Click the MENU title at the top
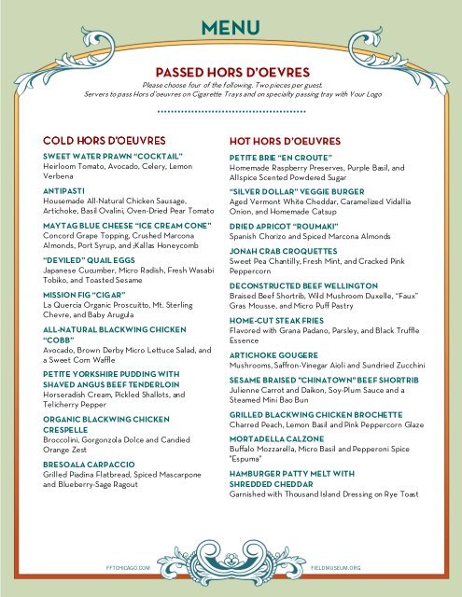tap(231, 29)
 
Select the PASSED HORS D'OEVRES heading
tap(231, 71)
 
